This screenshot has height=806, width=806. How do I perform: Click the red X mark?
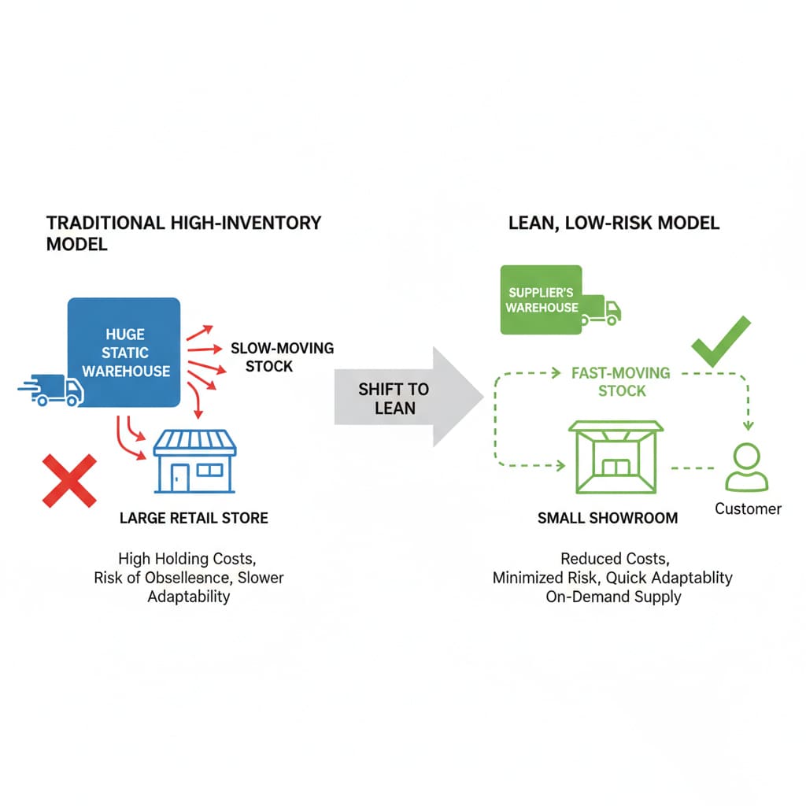pos(70,480)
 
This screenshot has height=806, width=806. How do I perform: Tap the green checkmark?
pos(720,342)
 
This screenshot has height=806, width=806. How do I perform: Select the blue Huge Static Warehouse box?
pos(125,352)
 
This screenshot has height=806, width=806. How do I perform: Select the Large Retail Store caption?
pos(194,518)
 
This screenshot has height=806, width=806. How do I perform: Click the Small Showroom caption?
pos(608,518)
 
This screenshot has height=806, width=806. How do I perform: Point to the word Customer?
pos(748,508)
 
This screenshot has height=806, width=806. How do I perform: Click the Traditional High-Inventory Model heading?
pos(184,233)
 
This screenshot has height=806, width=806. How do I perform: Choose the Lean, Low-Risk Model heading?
pos(614,223)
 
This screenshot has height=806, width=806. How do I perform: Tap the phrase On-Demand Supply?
pos(613,597)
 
